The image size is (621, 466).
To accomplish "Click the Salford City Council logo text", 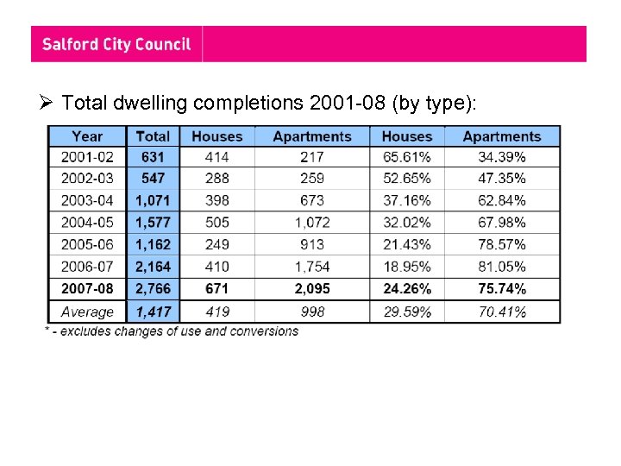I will point(116,44).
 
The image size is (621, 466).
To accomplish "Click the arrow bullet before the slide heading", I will point(49,104).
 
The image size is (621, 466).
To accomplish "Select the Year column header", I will point(87,136).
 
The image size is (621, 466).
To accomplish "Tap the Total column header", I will point(153,136).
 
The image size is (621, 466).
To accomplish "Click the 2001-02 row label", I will point(87,157).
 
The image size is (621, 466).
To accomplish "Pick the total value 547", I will point(153,179).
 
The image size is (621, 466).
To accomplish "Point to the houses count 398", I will point(216,201).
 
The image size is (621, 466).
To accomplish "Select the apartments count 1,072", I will point(311,223).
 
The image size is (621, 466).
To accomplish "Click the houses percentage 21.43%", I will point(406,244).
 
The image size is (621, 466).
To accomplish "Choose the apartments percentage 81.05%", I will point(501,267).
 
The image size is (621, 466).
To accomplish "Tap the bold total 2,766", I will point(153,288).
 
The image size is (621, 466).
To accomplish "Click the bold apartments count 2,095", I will point(311,288).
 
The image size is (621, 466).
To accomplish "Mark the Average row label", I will point(87,312).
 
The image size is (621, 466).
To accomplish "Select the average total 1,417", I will point(153,312).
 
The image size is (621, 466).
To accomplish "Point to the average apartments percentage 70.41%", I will point(501,312).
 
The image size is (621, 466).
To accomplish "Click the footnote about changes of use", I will point(172,331).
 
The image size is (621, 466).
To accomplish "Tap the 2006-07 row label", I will point(87,267).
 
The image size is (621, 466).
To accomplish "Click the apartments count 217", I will point(311,157).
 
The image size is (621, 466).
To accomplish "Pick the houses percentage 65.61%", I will point(406,157).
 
